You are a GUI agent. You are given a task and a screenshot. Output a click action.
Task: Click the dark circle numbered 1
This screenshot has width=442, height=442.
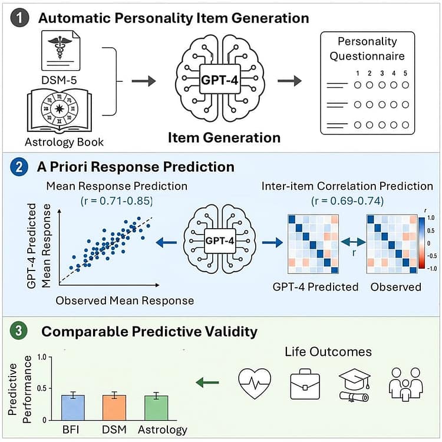point(19,18)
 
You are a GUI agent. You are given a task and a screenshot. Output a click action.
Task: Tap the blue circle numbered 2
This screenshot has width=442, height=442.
point(19,167)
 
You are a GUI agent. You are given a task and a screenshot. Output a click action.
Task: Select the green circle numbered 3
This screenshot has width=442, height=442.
point(19,331)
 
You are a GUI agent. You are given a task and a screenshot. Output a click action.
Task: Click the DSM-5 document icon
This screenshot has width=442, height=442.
point(61,51)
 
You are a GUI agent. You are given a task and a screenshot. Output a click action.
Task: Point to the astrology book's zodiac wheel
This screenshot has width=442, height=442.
point(60,109)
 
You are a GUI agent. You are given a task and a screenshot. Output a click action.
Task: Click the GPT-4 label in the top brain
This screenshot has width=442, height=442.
point(220,80)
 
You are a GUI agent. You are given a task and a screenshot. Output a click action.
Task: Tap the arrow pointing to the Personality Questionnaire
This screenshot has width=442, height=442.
point(289,81)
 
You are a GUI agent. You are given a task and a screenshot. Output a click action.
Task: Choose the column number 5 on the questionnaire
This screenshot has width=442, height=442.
point(405,73)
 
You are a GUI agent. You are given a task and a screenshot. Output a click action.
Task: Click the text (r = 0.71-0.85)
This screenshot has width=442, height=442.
point(117,201)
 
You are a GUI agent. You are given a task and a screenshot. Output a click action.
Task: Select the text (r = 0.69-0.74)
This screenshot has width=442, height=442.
point(347,201)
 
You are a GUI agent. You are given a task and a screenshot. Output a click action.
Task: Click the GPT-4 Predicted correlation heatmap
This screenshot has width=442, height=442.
point(313,244)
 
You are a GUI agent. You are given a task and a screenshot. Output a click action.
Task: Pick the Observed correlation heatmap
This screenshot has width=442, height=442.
point(392,244)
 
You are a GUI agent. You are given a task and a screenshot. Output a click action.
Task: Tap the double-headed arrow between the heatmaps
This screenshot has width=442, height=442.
point(352,242)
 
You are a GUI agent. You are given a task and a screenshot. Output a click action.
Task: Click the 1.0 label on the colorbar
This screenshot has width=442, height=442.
point(431,218)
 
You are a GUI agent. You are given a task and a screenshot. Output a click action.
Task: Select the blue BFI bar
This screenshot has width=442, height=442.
point(73,408)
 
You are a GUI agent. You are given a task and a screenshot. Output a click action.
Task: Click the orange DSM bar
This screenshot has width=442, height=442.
point(114,408)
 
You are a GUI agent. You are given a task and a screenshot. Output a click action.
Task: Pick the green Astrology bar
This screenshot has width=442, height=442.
point(156,408)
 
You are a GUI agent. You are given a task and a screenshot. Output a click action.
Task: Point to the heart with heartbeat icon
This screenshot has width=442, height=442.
point(255,384)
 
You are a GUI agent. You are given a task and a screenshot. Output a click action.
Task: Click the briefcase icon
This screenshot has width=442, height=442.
point(305,384)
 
